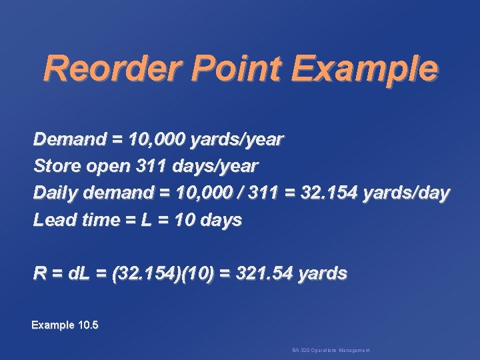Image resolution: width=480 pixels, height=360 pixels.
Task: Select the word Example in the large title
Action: [365, 69]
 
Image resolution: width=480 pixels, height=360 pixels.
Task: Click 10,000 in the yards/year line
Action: [153, 140]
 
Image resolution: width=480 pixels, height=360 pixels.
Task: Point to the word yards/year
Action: [237, 140]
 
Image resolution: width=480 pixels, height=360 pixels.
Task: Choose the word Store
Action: [55, 165]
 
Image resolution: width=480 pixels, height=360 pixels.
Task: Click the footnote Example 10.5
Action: [65, 325]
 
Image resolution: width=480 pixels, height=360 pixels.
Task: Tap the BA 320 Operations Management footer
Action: [331, 350]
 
